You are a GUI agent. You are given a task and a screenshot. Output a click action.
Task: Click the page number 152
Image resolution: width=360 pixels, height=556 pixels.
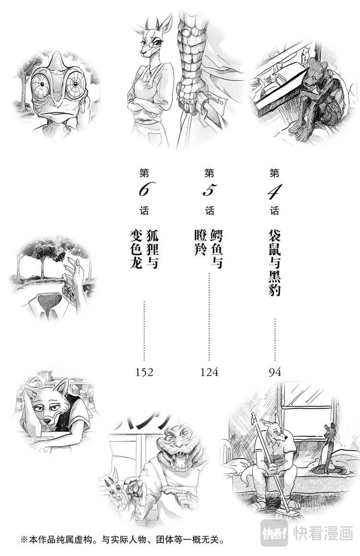point(144,372)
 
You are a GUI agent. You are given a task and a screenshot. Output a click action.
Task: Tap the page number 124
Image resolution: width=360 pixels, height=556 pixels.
point(209,372)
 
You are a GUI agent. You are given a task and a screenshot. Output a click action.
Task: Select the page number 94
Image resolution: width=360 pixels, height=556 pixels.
point(275,372)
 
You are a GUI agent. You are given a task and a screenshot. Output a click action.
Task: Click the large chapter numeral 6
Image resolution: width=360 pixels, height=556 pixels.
point(144,191)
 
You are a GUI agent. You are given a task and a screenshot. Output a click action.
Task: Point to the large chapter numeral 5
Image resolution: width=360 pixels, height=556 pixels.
point(209,191)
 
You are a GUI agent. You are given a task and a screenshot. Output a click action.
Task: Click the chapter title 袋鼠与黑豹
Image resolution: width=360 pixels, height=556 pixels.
point(275,263)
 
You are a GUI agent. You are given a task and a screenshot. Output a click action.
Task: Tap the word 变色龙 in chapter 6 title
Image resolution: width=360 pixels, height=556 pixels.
point(136,248)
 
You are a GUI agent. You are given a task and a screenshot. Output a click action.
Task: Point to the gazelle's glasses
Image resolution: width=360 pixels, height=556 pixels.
point(150,43)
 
